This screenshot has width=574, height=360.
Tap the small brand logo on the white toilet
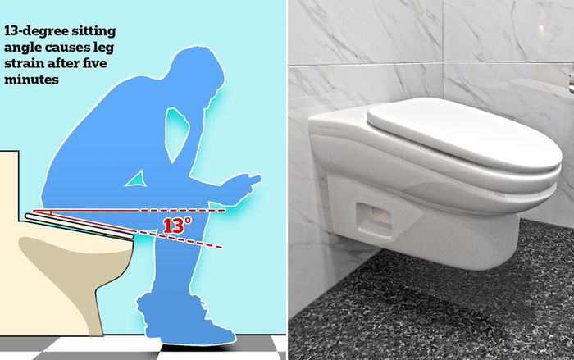(x=326, y=125)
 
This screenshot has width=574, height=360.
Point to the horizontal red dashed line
(x=189, y=209)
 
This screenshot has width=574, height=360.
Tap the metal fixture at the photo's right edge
(x=570, y=78)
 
